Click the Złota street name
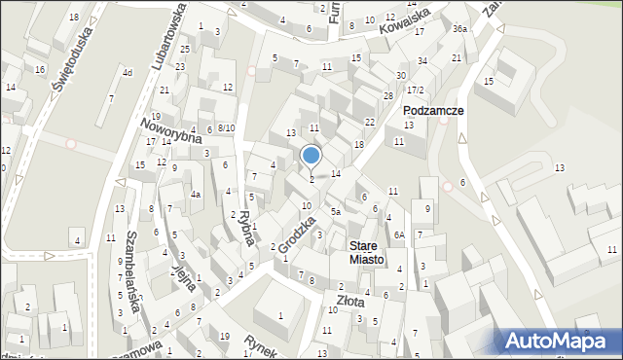(351, 303)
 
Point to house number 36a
(458, 29)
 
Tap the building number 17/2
(415, 90)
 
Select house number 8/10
(225, 128)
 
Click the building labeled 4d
(127, 73)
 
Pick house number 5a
(335, 211)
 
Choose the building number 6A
(399, 234)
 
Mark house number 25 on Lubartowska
(183, 49)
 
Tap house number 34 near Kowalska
(422, 61)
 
